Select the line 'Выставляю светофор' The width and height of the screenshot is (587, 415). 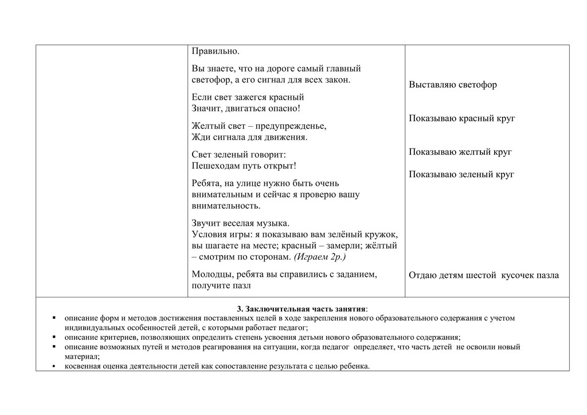453,85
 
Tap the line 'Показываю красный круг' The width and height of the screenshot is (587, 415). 461,119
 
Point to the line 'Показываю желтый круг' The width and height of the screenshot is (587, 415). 460,152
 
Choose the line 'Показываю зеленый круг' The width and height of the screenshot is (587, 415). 461,174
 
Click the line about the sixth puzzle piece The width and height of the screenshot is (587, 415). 483,275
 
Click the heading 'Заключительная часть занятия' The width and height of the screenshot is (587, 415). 303,309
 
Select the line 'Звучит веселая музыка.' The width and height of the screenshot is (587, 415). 241,223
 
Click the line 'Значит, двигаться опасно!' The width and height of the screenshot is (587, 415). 245,108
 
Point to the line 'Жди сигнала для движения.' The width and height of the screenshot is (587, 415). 249,137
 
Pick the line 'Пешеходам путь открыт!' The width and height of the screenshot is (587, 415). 244,166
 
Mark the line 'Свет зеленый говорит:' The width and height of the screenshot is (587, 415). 238,155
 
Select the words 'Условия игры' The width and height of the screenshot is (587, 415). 218,234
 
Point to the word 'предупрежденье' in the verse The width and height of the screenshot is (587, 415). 293,126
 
